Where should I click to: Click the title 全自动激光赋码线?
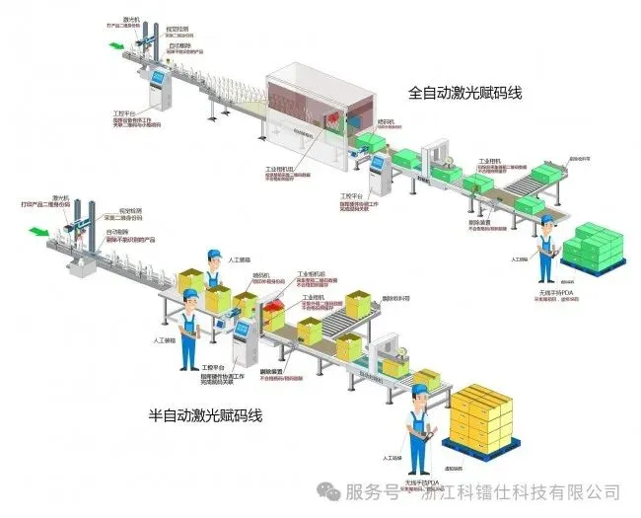click(x=464, y=94)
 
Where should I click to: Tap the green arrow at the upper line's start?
click(x=117, y=45)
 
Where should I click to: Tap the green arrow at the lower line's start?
click(x=39, y=232)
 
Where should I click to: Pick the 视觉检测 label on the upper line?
click(x=177, y=30)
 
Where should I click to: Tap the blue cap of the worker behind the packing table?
click(x=212, y=254)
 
